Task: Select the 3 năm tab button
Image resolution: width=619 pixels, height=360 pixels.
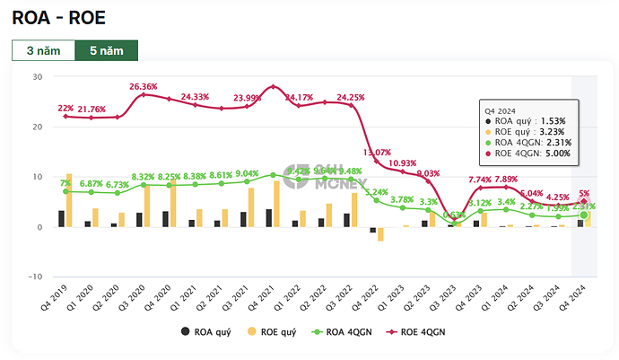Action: click(43, 50)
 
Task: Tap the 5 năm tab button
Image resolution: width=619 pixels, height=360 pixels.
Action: click(106, 50)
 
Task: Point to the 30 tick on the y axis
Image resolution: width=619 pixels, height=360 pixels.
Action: click(37, 77)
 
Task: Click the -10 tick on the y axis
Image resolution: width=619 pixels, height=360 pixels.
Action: click(34, 277)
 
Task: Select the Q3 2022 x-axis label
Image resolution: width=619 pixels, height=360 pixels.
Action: click(341, 297)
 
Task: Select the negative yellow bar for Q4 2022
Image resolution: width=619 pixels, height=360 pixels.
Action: click(380, 234)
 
